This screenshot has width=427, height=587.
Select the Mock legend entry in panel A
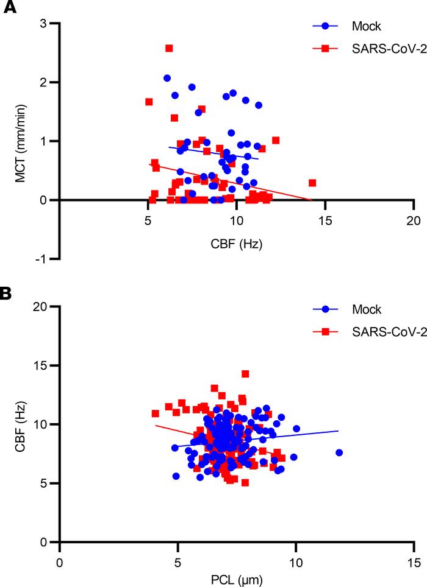[350, 26]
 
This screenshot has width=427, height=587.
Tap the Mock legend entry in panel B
[350, 309]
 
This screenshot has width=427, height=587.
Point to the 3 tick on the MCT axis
[44, 23]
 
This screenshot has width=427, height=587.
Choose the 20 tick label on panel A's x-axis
[413, 222]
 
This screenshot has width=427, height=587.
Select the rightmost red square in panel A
[312, 183]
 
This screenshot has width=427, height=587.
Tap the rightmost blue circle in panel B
[339, 452]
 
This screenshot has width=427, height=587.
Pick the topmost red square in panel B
[245, 374]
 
